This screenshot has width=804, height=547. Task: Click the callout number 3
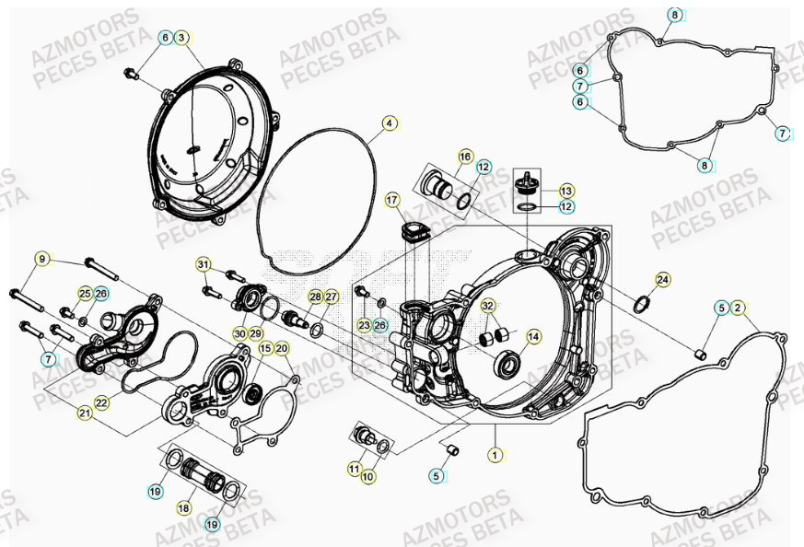pyautogui.click(x=181, y=38)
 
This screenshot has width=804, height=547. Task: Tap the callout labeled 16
pyautogui.click(x=464, y=157)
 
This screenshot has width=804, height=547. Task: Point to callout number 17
pyautogui.click(x=393, y=200)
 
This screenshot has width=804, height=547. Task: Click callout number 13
pyautogui.click(x=565, y=190)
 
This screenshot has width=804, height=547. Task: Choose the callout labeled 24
pyautogui.click(x=662, y=279)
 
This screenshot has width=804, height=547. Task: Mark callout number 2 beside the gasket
pyautogui.click(x=738, y=308)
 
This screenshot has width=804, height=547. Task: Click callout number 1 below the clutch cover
pyautogui.click(x=495, y=454)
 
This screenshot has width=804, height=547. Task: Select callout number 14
pyautogui.click(x=532, y=338)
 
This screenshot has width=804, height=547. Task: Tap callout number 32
pyautogui.click(x=488, y=307)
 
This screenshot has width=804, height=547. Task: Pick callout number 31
pyautogui.click(x=204, y=265)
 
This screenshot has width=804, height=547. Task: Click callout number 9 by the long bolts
pyautogui.click(x=41, y=260)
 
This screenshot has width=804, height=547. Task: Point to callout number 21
pyautogui.click(x=85, y=413)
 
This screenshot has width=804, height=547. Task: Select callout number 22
pyautogui.click(x=101, y=402)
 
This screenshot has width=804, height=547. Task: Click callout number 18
pyautogui.click(x=184, y=508)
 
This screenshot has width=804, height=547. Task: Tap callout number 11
pyautogui.click(x=354, y=469)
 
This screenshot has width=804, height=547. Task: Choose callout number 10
pyautogui.click(x=367, y=476)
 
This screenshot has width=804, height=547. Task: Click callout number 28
pyautogui.click(x=316, y=297)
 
